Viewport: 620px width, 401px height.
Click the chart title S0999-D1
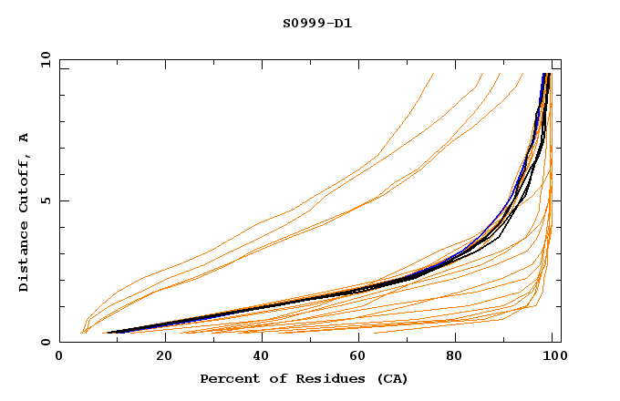tap(317, 23)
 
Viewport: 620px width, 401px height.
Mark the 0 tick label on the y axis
tap(45, 343)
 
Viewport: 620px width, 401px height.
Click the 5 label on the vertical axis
tap(45, 200)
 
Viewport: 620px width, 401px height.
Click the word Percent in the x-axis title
tap(226, 378)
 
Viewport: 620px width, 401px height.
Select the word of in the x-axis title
tap(268, 378)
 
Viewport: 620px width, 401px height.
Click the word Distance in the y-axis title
tap(24, 260)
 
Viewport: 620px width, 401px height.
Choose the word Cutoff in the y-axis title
tap(24, 190)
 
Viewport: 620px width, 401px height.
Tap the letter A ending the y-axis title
tap(24, 138)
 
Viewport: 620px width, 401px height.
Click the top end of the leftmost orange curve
tap(433, 74)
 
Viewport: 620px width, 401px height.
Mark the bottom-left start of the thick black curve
tap(108, 333)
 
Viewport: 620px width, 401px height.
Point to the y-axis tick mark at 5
tap(63, 200)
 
